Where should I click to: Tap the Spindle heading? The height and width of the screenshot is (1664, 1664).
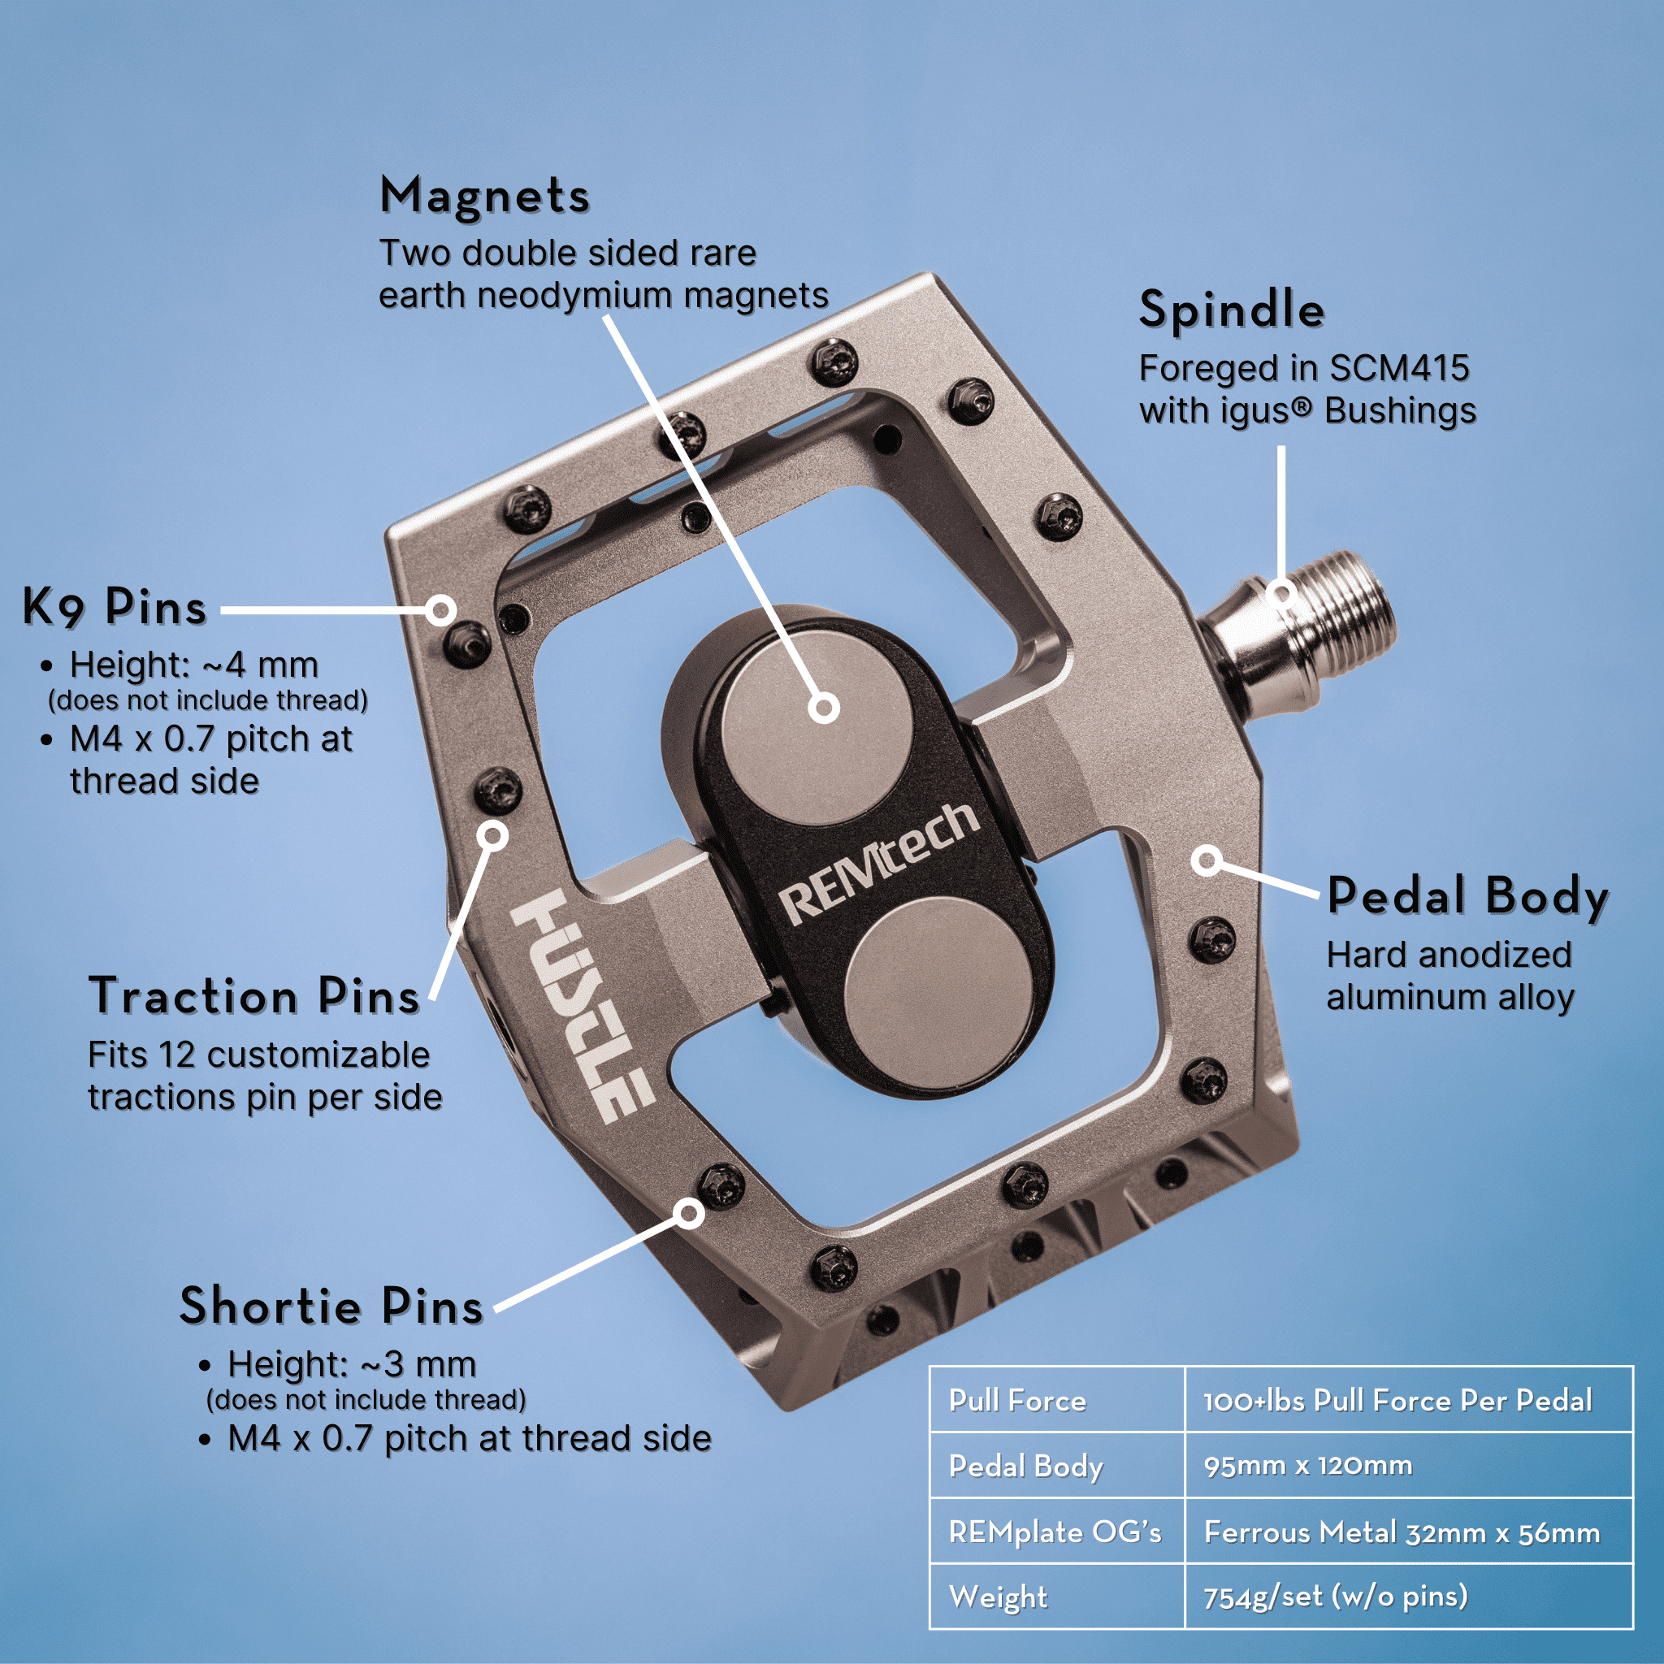click(1232, 310)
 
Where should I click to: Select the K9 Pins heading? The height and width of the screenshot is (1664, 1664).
click(115, 608)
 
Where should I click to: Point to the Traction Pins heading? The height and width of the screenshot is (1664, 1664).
click(254, 996)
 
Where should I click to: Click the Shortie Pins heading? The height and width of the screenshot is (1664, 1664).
click(331, 1306)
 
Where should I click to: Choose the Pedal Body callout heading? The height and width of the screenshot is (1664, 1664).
click(1467, 897)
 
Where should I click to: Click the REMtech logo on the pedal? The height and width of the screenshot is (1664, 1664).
click(879, 864)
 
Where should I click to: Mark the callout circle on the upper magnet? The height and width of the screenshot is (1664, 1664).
click(824, 708)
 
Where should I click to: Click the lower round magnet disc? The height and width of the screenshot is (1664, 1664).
click(937, 987)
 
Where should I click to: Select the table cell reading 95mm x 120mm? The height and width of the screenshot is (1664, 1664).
click(1307, 1465)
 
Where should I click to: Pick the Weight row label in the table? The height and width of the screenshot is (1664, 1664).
click(999, 1597)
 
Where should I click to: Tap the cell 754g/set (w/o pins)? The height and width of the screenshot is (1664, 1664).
click(1335, 1597)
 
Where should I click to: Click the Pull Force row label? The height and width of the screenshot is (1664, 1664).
click(1017, 1401)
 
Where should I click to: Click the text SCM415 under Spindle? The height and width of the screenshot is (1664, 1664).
click(1400, 369)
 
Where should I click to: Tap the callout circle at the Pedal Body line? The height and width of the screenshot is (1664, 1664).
click(1208, 860)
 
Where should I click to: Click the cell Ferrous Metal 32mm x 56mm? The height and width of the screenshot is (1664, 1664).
click(1402, 1532)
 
